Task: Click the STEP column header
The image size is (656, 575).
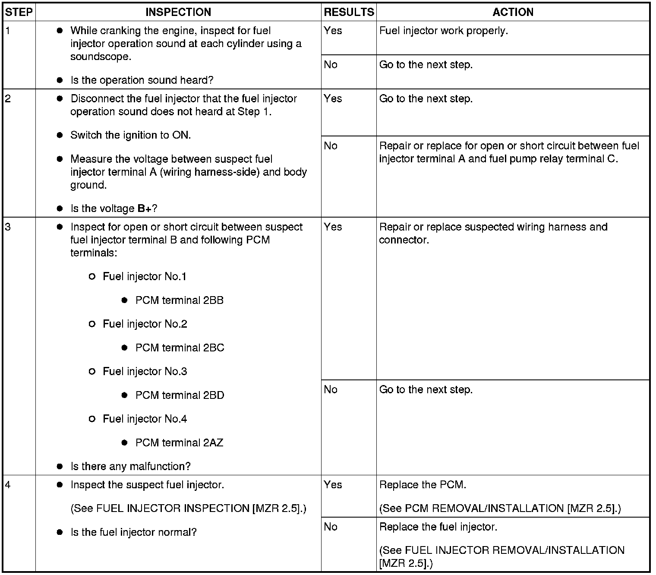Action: pyautogui.click(x=19, y=12)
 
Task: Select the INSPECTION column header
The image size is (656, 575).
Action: pyautogui.click(x=178, y=12)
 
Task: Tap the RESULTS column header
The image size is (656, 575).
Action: pyautogui.click(x=349, y=12)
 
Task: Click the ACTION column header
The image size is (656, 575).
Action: pyautogui.click(x=513, y=12)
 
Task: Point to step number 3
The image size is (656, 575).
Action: pyautogui.click(x=8, y=227)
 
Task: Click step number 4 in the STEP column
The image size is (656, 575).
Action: pyautogui.click(x=8, y=485)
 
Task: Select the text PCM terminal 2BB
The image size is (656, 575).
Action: pyautogui.click(x=179, y=300)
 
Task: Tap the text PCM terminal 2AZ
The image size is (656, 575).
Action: pyautogui.click(x=179, y=443)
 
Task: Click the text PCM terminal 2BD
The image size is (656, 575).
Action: pyautogui.click(x=180, y=395)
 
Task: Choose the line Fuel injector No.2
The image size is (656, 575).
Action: pyautogui.click(x=145, y=324)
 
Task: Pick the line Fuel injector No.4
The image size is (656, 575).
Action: pyautogui.click(x=145, y=419)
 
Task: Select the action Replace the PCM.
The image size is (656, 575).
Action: pyautogui.click(x=423, y=485)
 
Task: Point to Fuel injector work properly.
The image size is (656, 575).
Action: pyautogui.click(x=443, y=31)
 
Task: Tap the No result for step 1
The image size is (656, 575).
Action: pyautogui.click(x=331, y=65)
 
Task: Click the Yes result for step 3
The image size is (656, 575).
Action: pyautogui.click(x=333, y=227)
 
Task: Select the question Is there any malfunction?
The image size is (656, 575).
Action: pyautogui.click(x=130, y=467)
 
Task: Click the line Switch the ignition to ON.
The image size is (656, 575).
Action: pyautogui.click(x=130, y=136)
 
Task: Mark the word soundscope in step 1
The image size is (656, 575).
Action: pyautogui.click(x=101, y=57)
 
